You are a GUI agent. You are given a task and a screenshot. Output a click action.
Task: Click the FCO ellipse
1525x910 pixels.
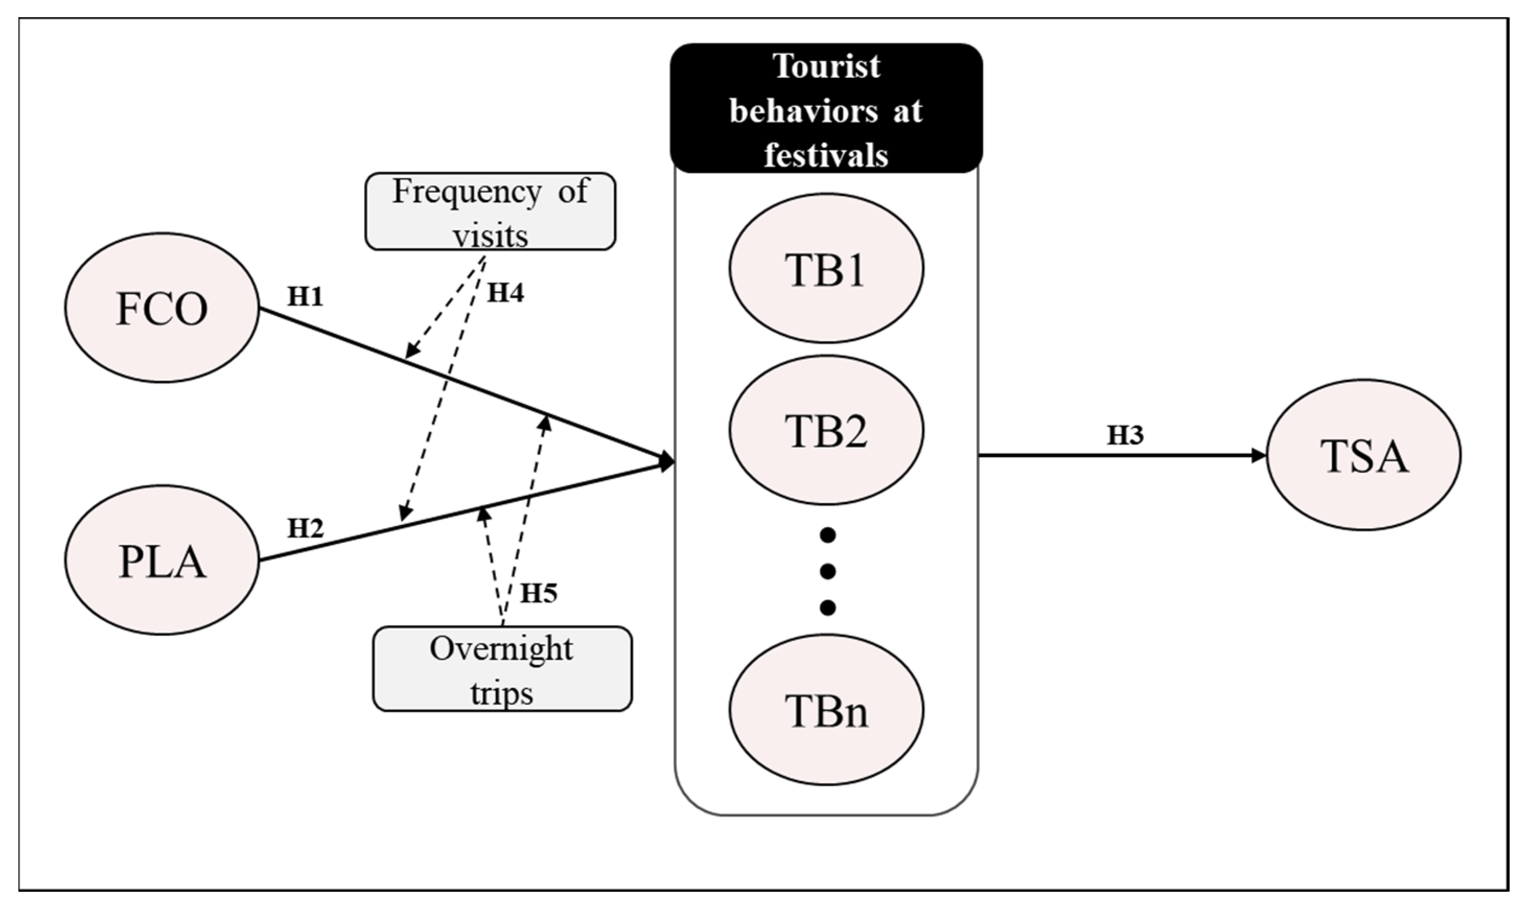point(162,308)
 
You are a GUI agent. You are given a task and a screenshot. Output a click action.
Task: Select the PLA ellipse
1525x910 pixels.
point(162,560)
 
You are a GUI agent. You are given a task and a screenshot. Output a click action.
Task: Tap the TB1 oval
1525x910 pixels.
point(826,268)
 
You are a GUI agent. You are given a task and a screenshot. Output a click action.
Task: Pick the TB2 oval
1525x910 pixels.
point(826,430)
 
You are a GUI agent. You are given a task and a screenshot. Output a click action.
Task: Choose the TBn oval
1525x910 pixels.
point(826,709)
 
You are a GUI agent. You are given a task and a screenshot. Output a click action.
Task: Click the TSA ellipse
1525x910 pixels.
point(1364,455)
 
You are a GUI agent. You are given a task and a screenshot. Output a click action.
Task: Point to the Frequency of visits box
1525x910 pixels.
point(491,212)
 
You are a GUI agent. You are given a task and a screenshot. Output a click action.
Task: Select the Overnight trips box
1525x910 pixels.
point(502,669)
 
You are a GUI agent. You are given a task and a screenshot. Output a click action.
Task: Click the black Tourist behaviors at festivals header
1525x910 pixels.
point(826,109)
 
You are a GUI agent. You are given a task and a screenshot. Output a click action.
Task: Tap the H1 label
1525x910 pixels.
point(306,297)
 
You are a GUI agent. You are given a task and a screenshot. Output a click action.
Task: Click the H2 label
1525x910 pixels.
point(306,528)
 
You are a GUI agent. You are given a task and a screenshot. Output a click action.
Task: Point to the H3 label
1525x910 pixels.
point(1125,435)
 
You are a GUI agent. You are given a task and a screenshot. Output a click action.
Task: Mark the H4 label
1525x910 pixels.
point(505,293)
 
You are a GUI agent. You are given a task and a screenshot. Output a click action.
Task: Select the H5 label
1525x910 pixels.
point(539,593)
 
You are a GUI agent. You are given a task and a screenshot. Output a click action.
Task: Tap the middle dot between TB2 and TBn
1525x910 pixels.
point(828,572)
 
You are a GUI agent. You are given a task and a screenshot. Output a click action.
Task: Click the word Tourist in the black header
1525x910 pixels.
point(826,66)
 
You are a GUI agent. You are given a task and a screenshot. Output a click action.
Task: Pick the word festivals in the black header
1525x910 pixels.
point(826,155)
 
